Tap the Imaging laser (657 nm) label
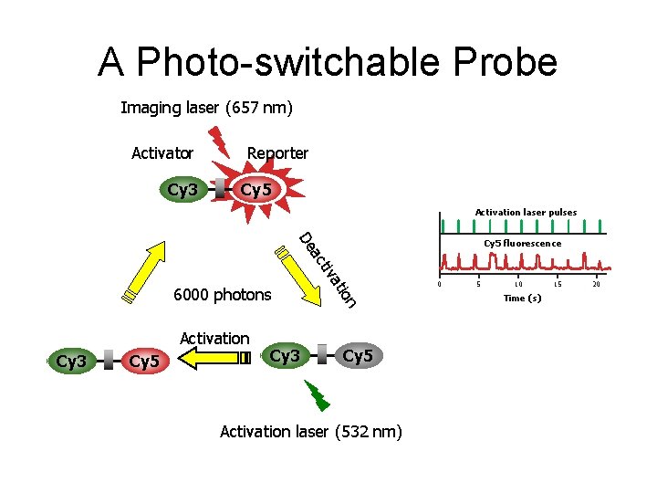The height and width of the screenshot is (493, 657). [x=207, y=108]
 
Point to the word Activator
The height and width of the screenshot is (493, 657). [x=162, y=153]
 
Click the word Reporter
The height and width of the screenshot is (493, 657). [x=277, y=153]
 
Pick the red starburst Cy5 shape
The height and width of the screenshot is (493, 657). [x=255, y=191]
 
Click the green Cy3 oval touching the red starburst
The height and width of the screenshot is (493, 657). [x=182, y=190]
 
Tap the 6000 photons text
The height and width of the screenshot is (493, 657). [x=223, y=294]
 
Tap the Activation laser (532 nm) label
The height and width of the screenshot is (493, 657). [x=311, y=431]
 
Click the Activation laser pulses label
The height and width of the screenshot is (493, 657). [x=526, y=213]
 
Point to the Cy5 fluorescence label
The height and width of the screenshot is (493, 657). [x=522, y=244]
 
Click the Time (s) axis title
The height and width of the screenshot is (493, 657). [x=523, y=299]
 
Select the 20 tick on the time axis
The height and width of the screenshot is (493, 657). [x=597, y=285]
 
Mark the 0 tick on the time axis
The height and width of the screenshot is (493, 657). [x=440, y=285]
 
